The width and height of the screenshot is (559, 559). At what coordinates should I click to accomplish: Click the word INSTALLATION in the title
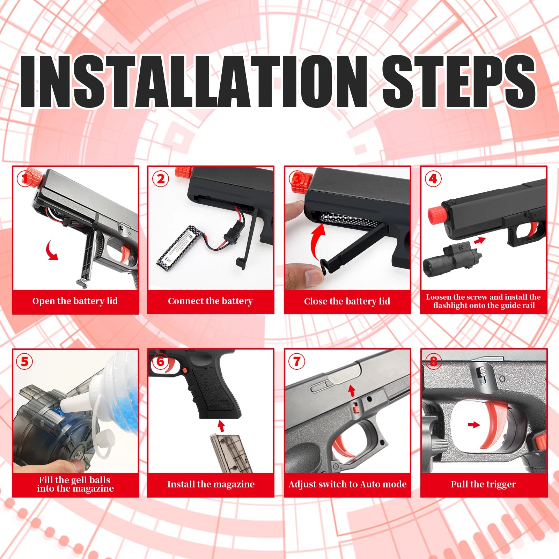[x=194, y=81]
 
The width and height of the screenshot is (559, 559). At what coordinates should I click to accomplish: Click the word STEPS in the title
[x=458, y=81]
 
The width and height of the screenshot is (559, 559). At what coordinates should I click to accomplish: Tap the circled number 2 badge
[x=161, y=179]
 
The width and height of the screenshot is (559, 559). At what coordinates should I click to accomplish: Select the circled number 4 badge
[x=433, y=179]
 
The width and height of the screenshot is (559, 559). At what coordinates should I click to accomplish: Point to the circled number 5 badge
[x=24, y=361]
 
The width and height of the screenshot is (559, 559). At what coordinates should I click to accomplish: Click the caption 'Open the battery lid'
[x=75, y=301]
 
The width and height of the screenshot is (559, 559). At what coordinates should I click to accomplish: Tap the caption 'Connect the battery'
[x=210, y=301]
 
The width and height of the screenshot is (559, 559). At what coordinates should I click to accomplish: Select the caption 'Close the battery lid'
[x=347, y=301]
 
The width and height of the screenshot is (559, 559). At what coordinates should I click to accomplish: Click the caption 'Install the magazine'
[x=211, y=484]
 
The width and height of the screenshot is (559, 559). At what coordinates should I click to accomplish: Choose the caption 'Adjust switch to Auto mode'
[x=348, y=484]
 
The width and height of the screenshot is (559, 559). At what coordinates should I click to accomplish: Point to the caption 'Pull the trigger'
[x=483, y=484]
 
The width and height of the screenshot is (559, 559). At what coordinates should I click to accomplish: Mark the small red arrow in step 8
[x=474, y=425]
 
